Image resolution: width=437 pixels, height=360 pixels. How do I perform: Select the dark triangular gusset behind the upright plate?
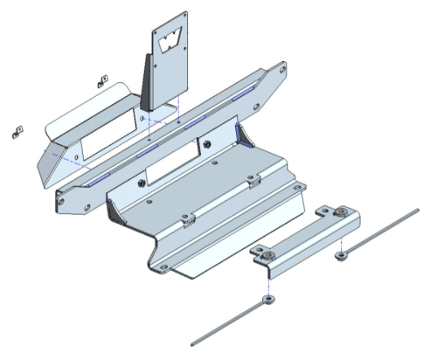pos(147,83)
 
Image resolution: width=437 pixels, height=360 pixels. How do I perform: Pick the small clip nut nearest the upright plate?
pos(102,81)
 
